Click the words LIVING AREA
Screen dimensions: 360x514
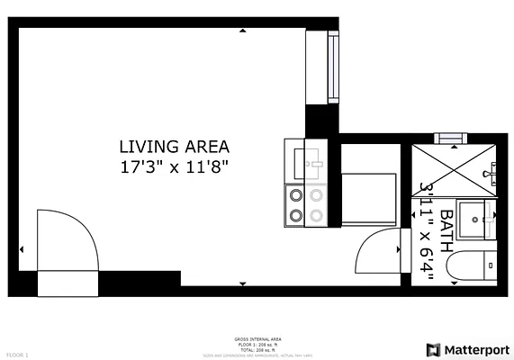tap(175, 146)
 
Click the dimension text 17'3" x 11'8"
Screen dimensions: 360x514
tap(175, 166)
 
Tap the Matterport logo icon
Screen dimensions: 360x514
tap(433, 349)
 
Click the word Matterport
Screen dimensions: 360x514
tap(475, 349)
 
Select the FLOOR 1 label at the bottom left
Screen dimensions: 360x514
tap(17, 355)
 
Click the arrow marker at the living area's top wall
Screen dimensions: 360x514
tap(242, 31)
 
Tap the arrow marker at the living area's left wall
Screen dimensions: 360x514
tap(23, 248)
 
